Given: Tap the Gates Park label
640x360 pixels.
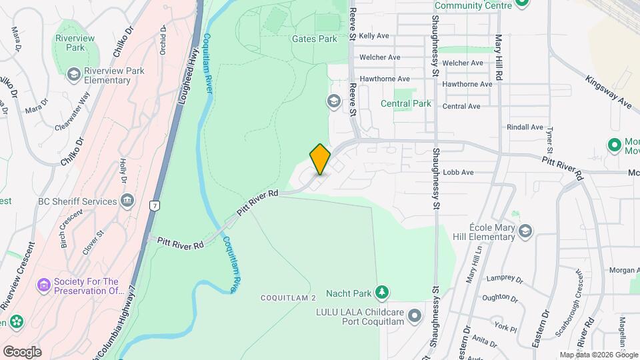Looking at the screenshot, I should tap(314, 39).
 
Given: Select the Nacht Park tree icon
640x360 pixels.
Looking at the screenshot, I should tap(381, 293).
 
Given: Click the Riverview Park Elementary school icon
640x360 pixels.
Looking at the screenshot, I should tap(73, 73).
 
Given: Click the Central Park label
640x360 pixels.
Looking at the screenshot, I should tap(405, 104).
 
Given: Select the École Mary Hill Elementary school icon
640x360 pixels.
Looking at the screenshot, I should tap(525, 231).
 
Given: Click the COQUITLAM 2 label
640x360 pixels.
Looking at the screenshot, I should tap(287, 297).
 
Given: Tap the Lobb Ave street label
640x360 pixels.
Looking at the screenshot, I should tap(458, 172).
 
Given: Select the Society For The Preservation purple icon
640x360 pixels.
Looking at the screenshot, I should tap(45, 286).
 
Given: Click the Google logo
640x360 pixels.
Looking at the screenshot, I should tap(22, 352).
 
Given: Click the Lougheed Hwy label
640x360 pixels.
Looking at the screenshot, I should tap(189, 75).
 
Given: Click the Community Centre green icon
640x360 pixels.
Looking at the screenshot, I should tap(522, 4).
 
